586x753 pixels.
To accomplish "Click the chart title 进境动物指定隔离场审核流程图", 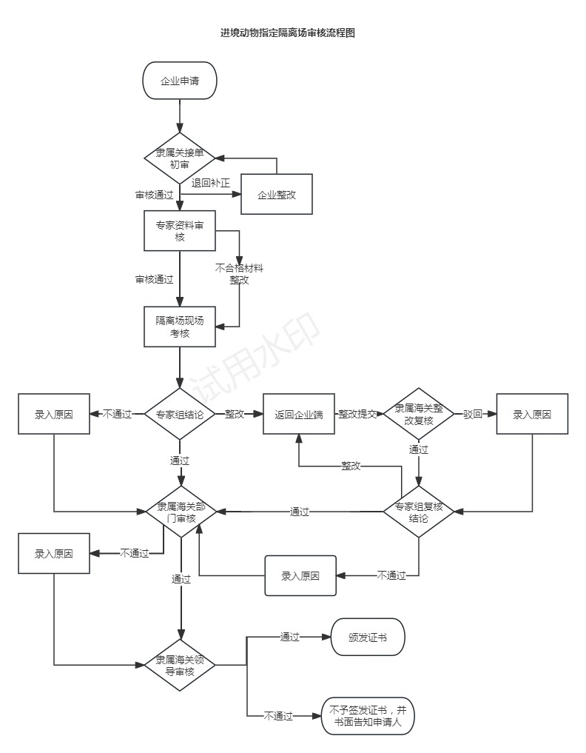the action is pyautogui.click(x=288, y=33).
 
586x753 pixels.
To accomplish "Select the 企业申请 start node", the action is pyautogui.click(x=180, y=81).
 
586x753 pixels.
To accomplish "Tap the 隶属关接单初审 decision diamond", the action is pyautogui.click(x=180, y=158).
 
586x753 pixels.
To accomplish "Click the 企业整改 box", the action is pyautogui.click(x=277, y=194).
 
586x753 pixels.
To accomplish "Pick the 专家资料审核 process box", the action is pyautogui.click(x=180, y=230).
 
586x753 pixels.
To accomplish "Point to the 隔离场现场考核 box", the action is pyautogui.click(x=180, y=327).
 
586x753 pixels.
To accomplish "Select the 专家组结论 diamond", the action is pyautogui.click(x=180, y=414).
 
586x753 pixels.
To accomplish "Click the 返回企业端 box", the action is pyautogui.click(x=298, y=414).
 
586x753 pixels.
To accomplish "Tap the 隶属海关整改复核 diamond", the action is pyautogui.click(x=419, y=414).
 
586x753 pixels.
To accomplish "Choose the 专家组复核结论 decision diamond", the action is pyautogui.click(x=419, y=512).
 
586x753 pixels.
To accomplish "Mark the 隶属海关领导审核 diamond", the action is pyautogui.click(x=180, y=665).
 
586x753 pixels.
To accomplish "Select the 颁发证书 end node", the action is pyautogui.click(x=368, y=637).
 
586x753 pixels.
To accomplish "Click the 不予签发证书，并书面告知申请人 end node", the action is pyautogui.click(x=368, y=716).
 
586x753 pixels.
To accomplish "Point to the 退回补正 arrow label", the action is pyautogui.click(x=211, y=183).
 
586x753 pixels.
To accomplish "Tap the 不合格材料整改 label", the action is pyautogui.click(x=239, y=274).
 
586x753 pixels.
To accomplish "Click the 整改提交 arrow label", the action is pyautogui.click(x=357, y=414).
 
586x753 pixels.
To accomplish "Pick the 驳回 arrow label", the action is pyautogui.click(x=473, y=414).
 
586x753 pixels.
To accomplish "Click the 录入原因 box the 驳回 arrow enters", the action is pyautogui.click(x=532, y=414).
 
